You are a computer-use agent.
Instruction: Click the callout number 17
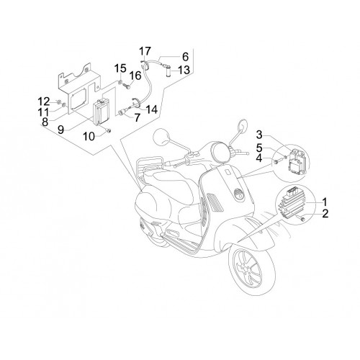pos(145,51)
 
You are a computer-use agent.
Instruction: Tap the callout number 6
pos(185,57)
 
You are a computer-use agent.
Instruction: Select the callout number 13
pos(184,70)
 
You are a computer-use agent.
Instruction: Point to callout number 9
pos(60,130)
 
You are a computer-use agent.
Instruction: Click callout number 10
pos(89,137)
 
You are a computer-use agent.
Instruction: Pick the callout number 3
pos(259,135)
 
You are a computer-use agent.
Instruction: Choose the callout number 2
pos(325,213)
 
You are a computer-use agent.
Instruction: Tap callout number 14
pos(151,109)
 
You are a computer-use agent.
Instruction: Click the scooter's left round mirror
pos(163,137)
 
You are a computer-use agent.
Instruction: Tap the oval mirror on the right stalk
pos(243,126)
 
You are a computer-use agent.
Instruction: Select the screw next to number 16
pos(127,86)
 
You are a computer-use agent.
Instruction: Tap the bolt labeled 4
pos(276,162)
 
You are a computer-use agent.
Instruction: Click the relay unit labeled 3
pos(297,161)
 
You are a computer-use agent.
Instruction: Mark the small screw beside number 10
pos(109,130)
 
